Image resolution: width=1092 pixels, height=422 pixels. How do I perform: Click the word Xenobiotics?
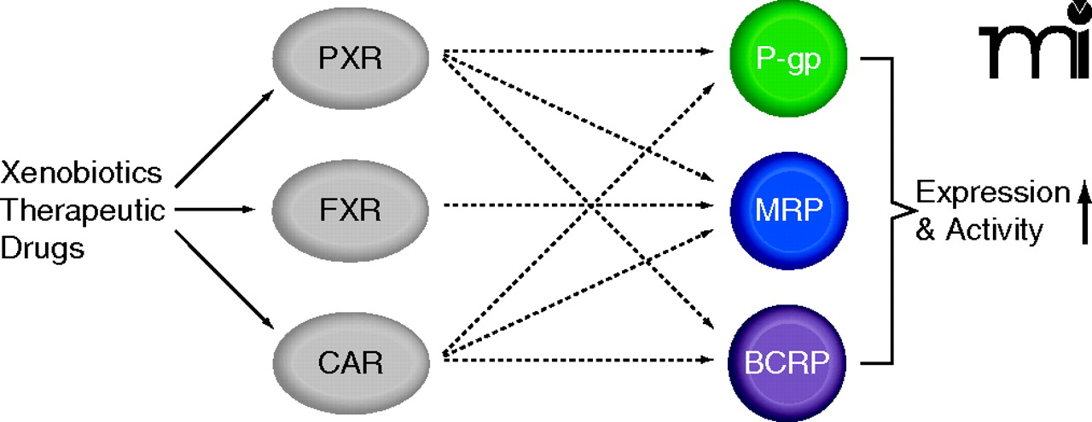[82, 173]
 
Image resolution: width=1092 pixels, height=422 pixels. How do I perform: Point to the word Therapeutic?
[83, 210]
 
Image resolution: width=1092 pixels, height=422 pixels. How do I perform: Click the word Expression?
[992, 193]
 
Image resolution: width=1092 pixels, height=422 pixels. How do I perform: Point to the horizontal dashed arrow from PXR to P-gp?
[580, 52]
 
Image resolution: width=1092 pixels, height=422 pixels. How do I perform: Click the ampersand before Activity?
[925, 231]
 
